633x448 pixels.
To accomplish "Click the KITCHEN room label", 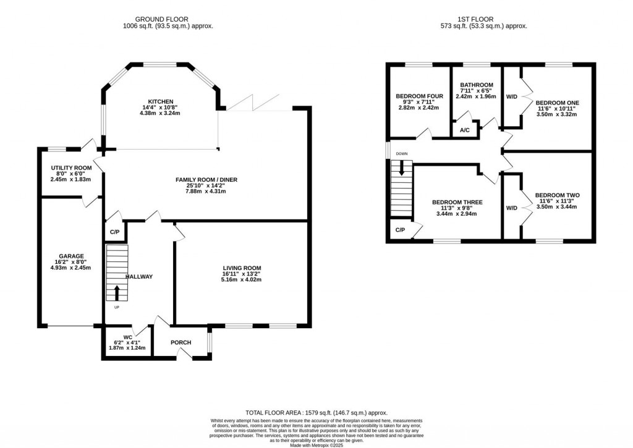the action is click(x=161, y=102).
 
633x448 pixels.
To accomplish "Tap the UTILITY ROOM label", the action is click(x=72, y=168).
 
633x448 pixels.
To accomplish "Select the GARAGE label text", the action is click(x=72, y=256).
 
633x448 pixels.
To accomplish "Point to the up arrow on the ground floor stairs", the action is click(x=117, y=293).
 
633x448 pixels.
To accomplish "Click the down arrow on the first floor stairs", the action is click(x=401, y=168).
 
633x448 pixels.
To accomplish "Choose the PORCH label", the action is click(x=181, y=342).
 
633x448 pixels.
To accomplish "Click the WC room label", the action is click(x=127, y=337).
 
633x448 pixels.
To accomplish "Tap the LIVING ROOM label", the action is click(x=242, y=268).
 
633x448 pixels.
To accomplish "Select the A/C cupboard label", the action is click(x=465, y=130).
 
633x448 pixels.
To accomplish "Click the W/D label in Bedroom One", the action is click(x=511, y=97).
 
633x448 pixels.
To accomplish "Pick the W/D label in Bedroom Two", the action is click(x=511, y=208).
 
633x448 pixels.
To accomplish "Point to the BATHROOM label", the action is click(x=477, y=85).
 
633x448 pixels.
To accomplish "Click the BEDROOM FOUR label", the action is click(x=420, y=96).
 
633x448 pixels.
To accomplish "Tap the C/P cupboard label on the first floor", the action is click(x=400, y=230).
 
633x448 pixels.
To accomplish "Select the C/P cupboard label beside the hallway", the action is click(x=115, y=232).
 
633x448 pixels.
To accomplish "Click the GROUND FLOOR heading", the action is click(x=161, y=19).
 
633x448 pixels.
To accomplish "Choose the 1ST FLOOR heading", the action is click(x=475, y=19).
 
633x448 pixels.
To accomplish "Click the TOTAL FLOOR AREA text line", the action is click(x=316, y=413).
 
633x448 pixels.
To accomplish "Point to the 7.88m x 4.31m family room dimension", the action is click(x=206, y=192).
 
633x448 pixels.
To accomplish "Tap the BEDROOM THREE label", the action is click(x=457, y=202).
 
